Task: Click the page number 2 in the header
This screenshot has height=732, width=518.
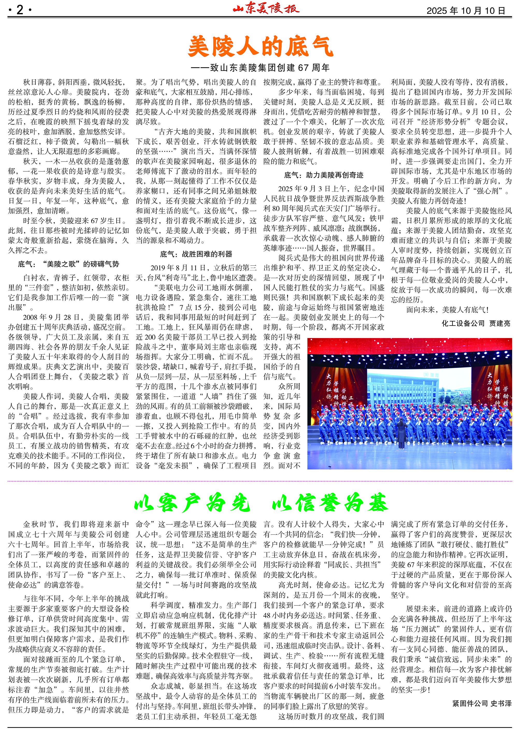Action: pos(19,10)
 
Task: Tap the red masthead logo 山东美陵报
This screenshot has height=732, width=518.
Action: pos(266,9)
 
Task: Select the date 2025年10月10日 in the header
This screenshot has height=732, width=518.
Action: pos(465,11)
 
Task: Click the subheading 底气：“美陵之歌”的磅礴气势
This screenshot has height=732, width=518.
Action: pos(68,264)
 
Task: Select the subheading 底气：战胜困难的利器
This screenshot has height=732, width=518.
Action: pos(196,254)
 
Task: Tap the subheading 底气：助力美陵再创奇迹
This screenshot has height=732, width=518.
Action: pos(323,175)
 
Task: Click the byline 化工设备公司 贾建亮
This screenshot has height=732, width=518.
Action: pos(476,324)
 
